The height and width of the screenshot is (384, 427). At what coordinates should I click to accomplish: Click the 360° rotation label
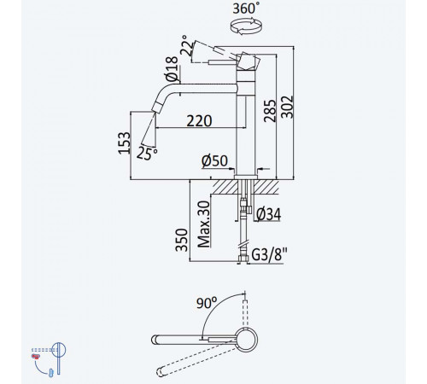click(246, 9)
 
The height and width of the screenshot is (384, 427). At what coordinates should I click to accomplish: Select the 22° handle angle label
click(188, 45)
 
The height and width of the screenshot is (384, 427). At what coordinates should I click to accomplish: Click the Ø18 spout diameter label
click(172, 69)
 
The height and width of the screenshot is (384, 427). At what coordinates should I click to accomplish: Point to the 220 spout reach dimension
click(199, 120)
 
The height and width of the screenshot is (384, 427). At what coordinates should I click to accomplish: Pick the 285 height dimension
click(270, 111)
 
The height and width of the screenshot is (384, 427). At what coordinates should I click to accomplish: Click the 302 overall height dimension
click(287, 107)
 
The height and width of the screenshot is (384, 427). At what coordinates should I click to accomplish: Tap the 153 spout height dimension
click(125, 143)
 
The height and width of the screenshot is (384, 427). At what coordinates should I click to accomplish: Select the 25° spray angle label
click(147, 154)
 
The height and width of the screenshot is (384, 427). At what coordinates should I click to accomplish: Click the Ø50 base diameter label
click(214, 161)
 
